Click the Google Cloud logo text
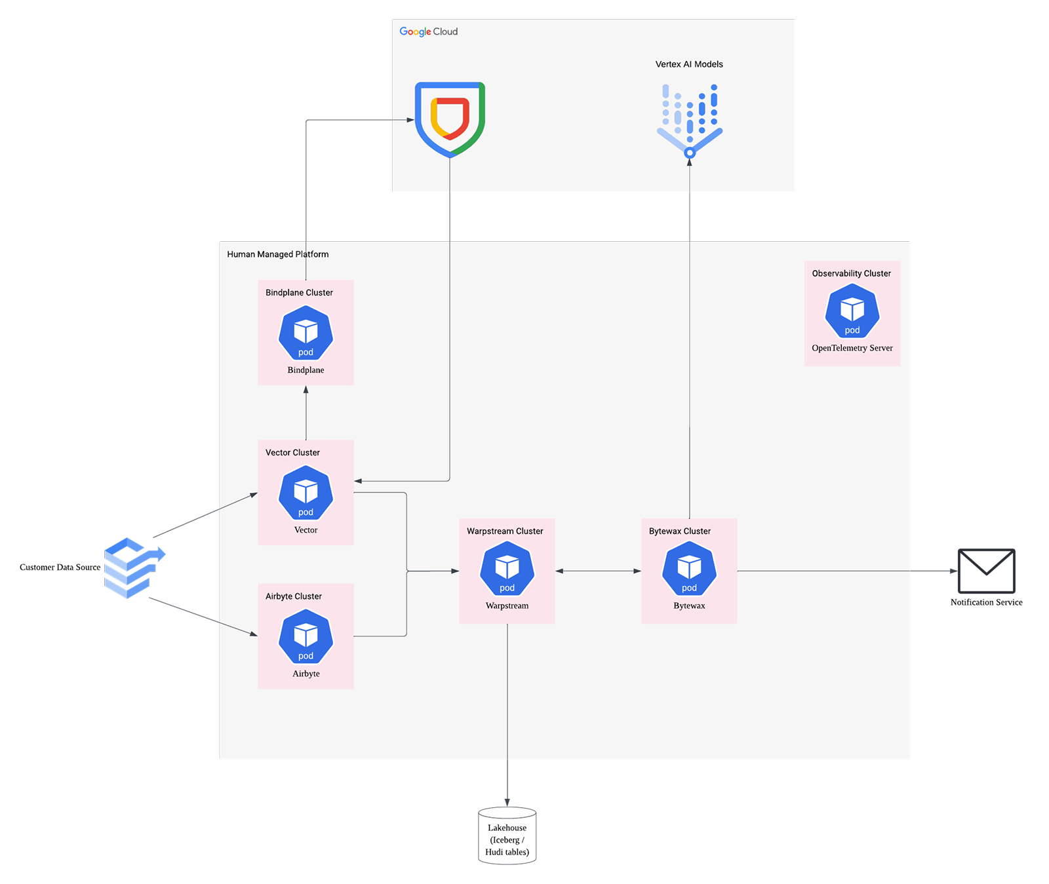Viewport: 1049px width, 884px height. (x=428, y=31)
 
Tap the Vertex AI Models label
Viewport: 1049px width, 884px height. (x=689, y=64)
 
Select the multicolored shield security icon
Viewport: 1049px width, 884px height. (x=450, y=119)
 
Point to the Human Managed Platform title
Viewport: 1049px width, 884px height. (x=277, y=254)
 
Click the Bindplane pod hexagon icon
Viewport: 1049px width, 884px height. (x=306, y=334)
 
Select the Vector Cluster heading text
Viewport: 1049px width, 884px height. (x=292, y=453)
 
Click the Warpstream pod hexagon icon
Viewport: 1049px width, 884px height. (x=507, y=569)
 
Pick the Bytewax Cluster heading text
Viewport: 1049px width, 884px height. (x=679, y=531)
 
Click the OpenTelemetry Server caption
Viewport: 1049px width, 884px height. (x=852, y=348)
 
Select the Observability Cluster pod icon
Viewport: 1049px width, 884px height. (x=852, y=311)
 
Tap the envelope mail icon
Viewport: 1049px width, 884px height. (x=986, y=571)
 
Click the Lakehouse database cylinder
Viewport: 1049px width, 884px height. (x=507, y=837)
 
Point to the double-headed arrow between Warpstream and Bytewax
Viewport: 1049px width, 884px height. (x=598, y=571)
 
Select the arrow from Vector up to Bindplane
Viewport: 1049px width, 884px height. (x=306, y=413)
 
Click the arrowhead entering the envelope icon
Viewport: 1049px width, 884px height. (x=954, y=571)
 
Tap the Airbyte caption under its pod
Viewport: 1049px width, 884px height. (x=306, y=674)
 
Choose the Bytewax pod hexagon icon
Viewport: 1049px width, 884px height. (x=689, y=569)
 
